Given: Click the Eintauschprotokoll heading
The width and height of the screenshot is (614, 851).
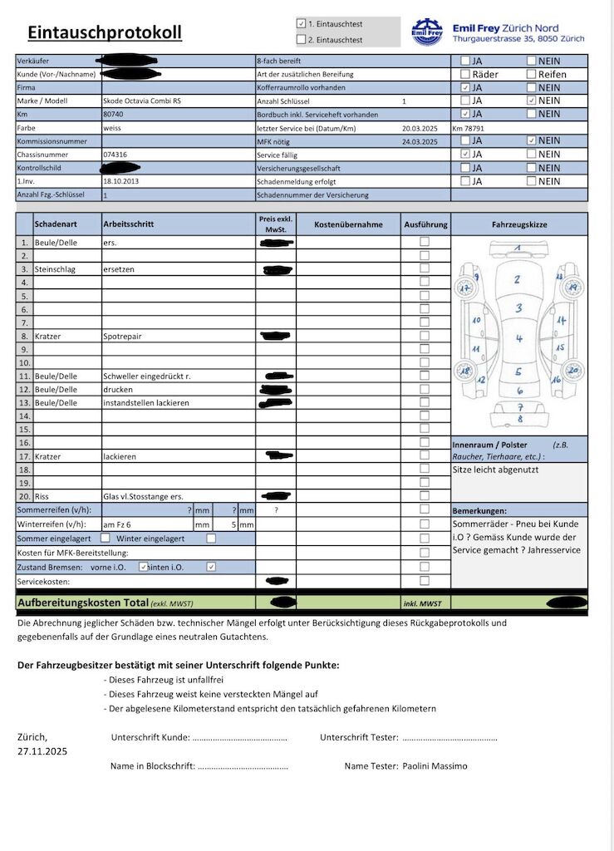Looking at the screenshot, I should [105, 33].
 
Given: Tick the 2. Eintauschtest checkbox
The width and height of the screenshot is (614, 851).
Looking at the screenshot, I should [301, 39].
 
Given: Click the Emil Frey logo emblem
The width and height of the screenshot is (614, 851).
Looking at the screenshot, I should [427, 32].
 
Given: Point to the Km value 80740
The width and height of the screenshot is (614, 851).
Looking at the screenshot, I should [114, 114].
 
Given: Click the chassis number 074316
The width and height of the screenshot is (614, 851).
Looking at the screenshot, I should [115, 155].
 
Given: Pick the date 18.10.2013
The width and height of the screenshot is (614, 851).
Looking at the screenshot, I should [122, 180].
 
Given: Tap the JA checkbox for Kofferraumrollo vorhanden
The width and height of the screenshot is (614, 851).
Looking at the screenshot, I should [465, 87].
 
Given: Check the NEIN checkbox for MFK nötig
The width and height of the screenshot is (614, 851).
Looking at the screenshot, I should [532, 140].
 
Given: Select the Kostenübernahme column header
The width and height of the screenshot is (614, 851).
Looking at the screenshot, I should [348, 224].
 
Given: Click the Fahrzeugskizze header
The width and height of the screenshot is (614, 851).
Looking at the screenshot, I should [519, 224].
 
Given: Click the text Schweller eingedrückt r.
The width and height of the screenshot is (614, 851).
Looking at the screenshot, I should [147, 376].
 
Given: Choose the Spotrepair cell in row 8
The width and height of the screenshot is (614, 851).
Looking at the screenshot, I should [121, 337].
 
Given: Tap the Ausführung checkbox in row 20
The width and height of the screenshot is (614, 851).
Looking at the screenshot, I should [425, 496].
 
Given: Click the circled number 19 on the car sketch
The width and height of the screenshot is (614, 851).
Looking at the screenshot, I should [571, 288].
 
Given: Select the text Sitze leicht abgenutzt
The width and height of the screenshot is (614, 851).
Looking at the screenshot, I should [495, 470].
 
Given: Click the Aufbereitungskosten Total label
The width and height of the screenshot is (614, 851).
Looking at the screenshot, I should [82, 603].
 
